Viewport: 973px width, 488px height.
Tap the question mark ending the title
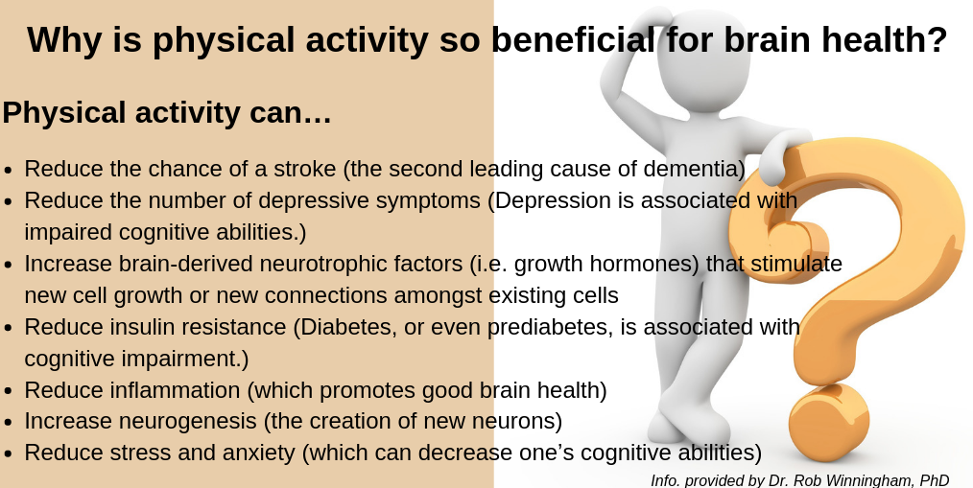point(937,39)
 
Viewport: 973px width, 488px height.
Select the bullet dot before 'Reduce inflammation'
point(8,391)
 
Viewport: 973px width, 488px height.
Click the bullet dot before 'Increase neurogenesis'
point(8,422)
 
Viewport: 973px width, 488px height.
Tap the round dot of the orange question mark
point(828,422)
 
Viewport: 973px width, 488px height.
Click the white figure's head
point(703,58)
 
